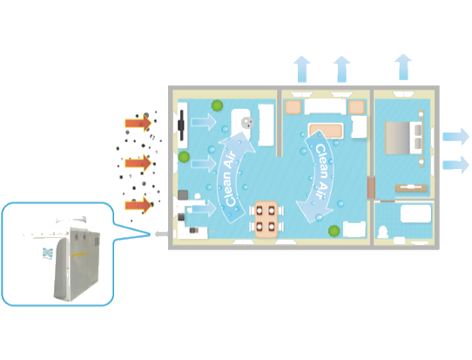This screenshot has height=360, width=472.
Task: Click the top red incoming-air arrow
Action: click(x=138, y=123)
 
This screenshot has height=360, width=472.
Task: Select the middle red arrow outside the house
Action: click(x=138, y=163)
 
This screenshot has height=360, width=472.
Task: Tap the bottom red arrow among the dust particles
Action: click(x=138, y=205)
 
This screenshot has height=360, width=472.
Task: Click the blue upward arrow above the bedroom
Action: click(x=403, y=67)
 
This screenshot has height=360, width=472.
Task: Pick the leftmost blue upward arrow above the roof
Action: click(x=301, y=69)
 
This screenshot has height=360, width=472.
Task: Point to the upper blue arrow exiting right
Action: click(x=455, y=137)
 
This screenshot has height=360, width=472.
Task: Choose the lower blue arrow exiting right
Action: click(x=455, y=165)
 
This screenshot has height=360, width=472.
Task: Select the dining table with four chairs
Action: click(x=266, y=219)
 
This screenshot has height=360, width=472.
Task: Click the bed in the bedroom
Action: click(x=404, y=138)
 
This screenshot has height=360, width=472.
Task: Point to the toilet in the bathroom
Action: click(x=382, y=232)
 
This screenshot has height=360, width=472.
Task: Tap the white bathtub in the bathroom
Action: click(x=415, y=214)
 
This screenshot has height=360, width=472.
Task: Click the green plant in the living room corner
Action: click(x=334, y=231)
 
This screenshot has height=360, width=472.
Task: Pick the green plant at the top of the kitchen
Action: click(x=217, y=105)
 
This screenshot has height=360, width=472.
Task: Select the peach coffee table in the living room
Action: click(x=326, y=131)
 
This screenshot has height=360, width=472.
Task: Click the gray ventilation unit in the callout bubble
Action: click(x=77, y=264)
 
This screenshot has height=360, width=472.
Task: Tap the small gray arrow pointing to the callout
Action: click(x=161, y=234)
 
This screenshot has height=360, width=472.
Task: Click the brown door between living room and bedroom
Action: click(x=371, y=187)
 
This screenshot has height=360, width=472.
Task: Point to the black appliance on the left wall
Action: click(x=181, y=125)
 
